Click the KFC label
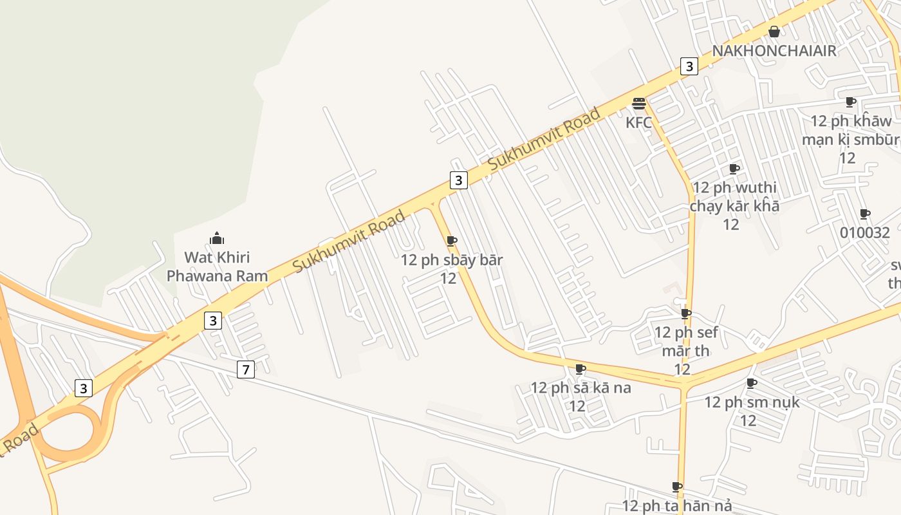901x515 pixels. [638, 122]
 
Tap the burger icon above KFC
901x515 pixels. [638, 104]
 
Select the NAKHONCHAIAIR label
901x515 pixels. [774, 51]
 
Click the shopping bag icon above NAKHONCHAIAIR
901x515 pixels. [774, 32]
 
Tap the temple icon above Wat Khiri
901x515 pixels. [217, 239]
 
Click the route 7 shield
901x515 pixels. [245, 370]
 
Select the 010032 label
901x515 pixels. [865, 232]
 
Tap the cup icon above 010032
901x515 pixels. [865, 214]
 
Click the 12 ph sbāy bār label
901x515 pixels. [451, 268]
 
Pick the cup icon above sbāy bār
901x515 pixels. [452, 241]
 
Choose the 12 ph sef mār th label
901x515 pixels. [685, 350]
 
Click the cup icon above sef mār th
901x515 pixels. [686, 314]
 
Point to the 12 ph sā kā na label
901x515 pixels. [580, 396]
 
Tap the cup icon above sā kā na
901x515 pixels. [580, 369]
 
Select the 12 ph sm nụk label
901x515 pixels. [751, 411]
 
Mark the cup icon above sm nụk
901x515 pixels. [751, 383]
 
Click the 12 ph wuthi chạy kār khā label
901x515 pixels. [734, 205]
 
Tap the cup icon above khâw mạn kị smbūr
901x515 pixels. [851, 102]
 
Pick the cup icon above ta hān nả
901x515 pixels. [677, 487]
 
